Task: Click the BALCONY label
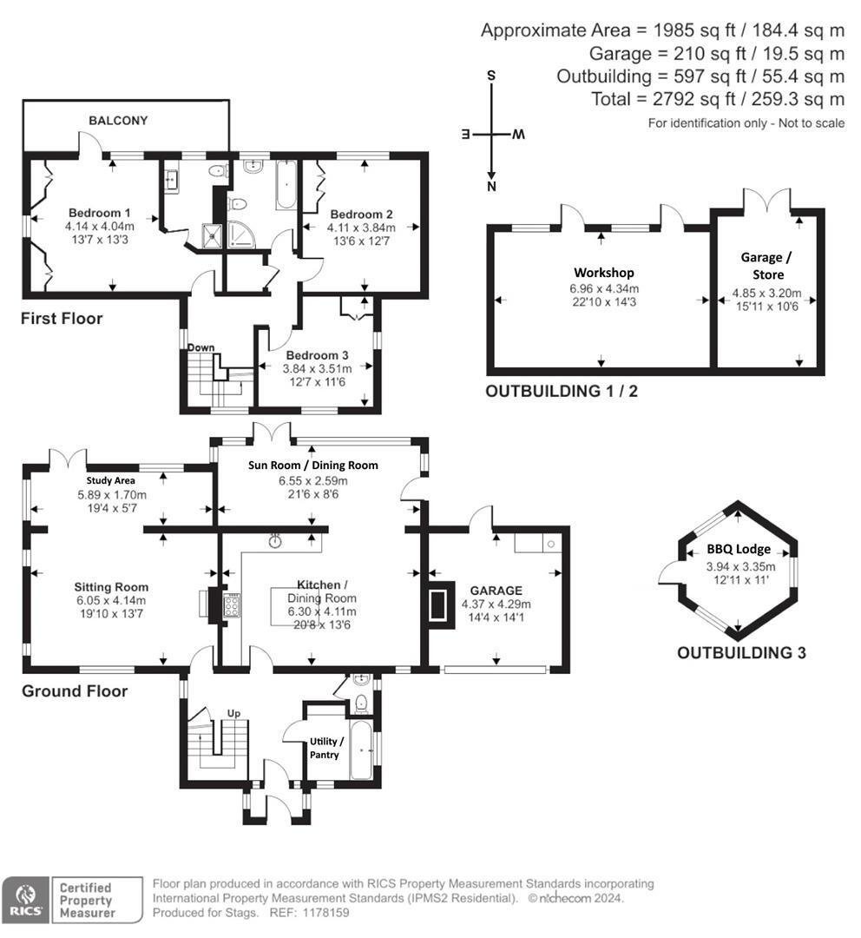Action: [x=117, y=121]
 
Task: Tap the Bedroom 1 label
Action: [x=100, y=214]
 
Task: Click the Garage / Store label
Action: [x=766, y=265]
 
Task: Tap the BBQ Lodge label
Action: [x=738, y=549]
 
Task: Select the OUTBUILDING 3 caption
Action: [x=741, y=652]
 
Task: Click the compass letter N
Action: [x=491, y=186]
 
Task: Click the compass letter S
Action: [x=491, y=76]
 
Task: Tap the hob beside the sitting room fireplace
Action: [x=233, y=605]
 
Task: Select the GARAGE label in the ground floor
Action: [x=496, y=590]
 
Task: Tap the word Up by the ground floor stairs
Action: [x=233, y=713]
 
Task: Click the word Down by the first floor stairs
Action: [x=201, y=347]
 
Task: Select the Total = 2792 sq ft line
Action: [x=717, y=99]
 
